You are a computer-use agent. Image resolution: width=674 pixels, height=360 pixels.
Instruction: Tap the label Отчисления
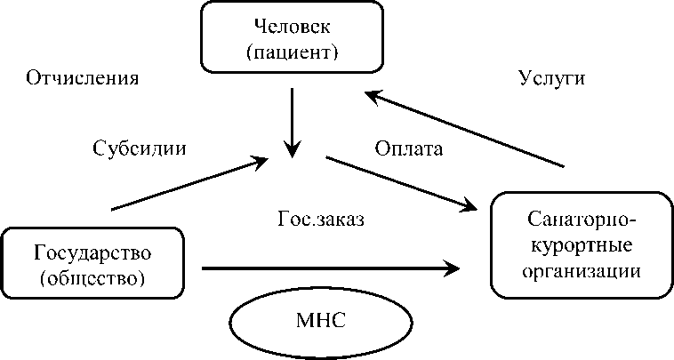[83, 78]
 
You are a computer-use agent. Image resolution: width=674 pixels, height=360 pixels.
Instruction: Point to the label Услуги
[550, 78]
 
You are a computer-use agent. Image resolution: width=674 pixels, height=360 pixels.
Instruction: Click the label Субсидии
[140, 148]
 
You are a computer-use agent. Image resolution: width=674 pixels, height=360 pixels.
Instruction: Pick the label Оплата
[408, 148]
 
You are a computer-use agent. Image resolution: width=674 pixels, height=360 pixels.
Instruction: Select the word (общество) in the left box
[92, 277]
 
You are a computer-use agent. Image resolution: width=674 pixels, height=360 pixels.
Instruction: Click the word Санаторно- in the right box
[577, 219]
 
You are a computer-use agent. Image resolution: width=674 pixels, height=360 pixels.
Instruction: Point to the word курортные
[577, 242]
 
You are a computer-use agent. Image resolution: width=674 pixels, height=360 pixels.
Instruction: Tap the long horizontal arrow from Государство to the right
[329, 267]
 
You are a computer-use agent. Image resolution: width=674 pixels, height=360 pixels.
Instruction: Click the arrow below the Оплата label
[400, 184]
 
